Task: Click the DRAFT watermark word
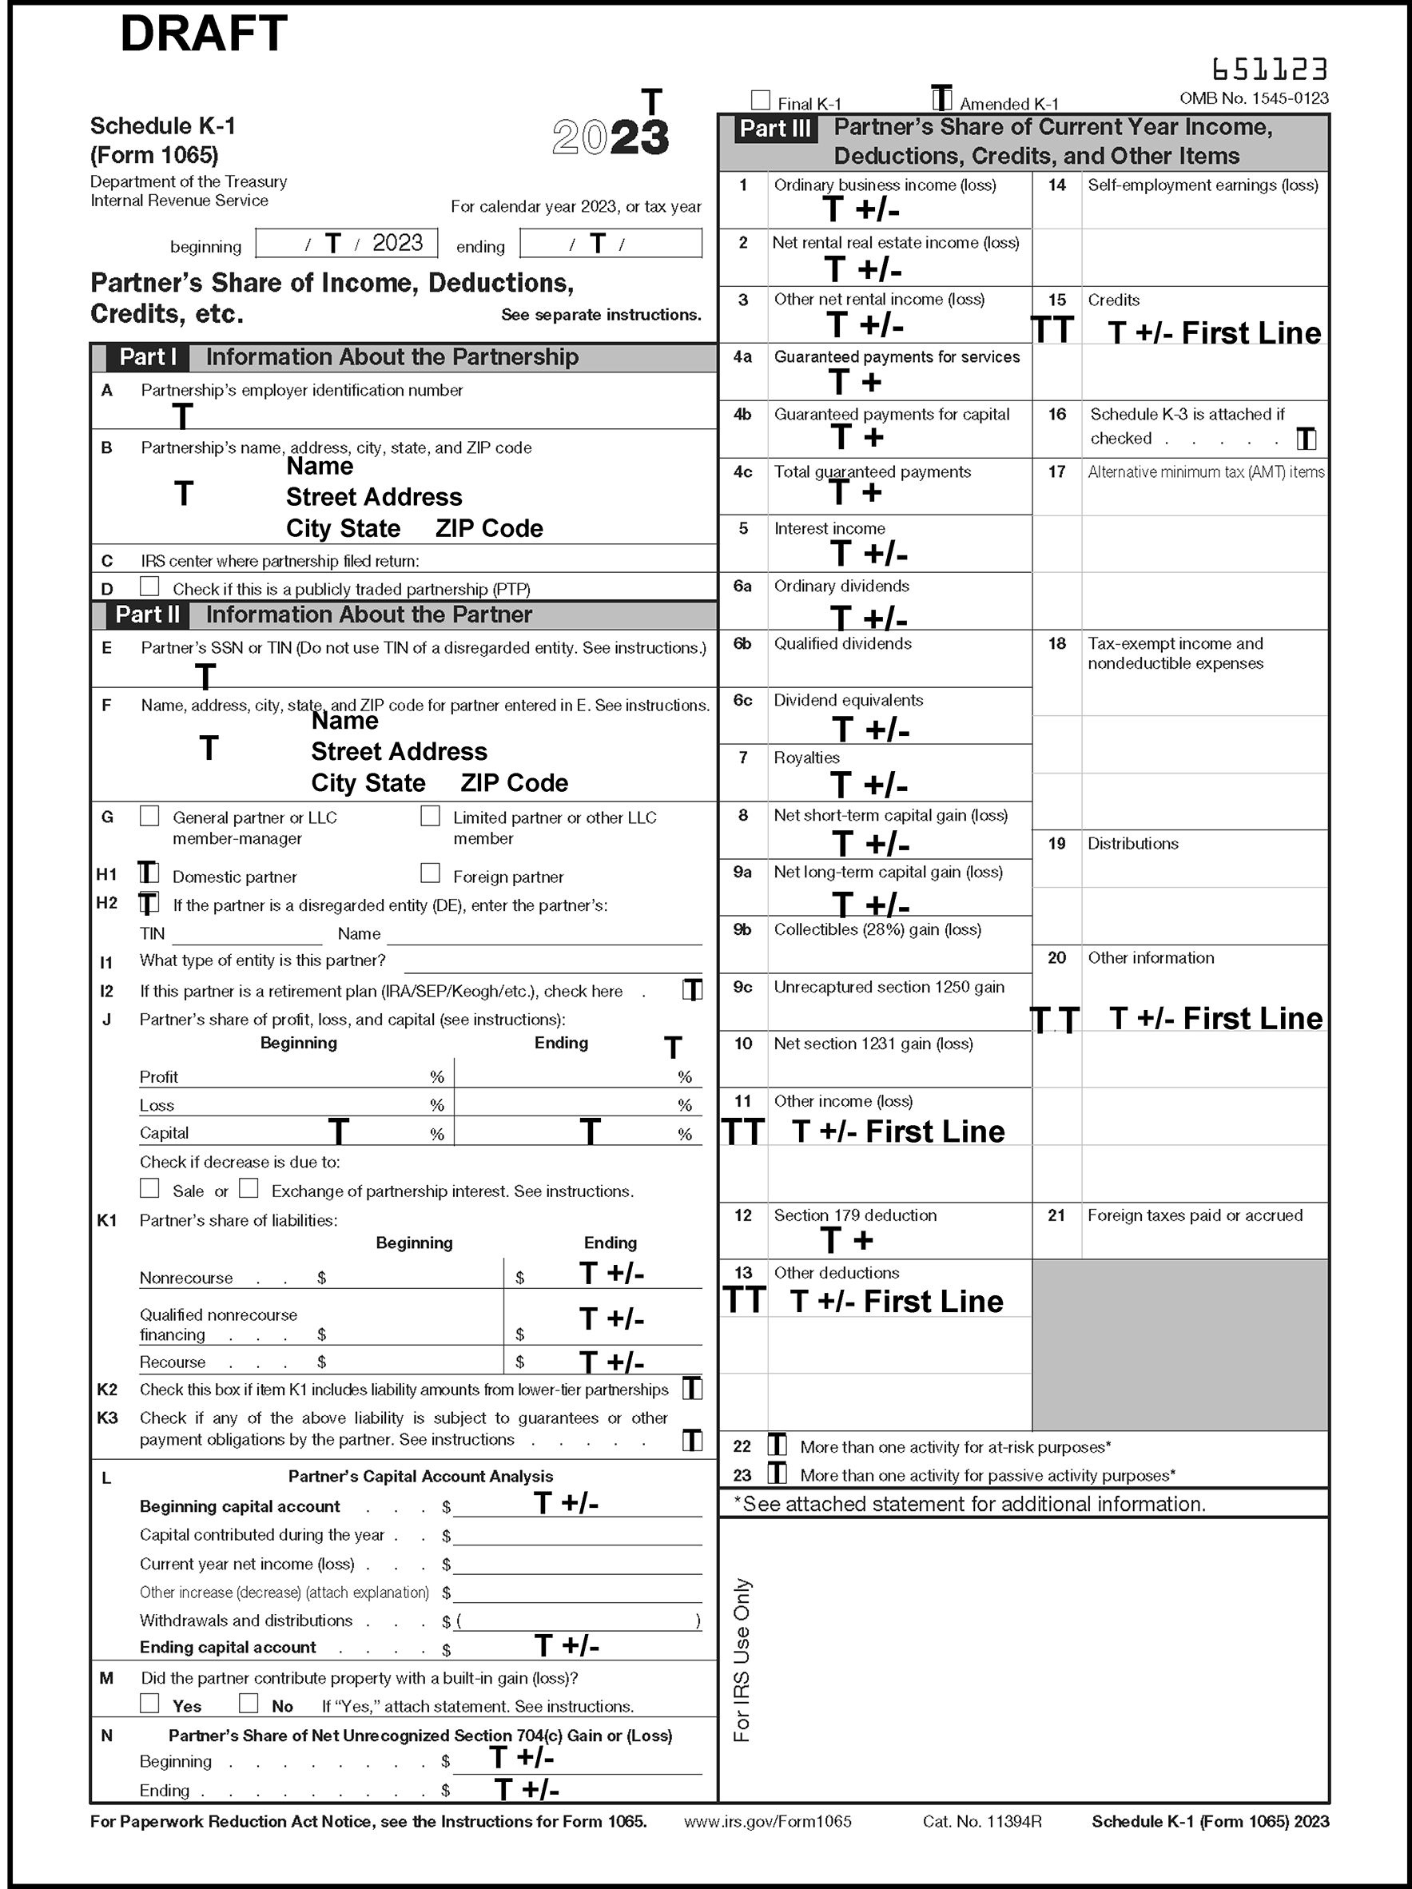point(203,35)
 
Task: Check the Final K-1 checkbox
point(760,101)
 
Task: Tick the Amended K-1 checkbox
point(941,99)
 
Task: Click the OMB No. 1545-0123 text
point(1253,98)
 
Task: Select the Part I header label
point(147,357)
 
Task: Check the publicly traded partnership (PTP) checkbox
point(149,587)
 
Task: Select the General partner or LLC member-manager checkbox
point(149,816)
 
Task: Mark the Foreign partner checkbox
point(430,873)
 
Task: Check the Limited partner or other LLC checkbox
point(430,816)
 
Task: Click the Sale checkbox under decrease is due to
point(149,1188)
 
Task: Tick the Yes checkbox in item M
point(149,1703)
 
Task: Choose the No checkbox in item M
point(249,1703)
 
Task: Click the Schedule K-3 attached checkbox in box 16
point(1306,439)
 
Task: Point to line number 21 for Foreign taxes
point(1056,1215)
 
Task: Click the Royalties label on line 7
point(806,758)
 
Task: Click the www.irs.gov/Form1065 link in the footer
point(767,1822)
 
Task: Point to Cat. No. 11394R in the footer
point(981,1822)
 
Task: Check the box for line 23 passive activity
point(777,1473)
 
